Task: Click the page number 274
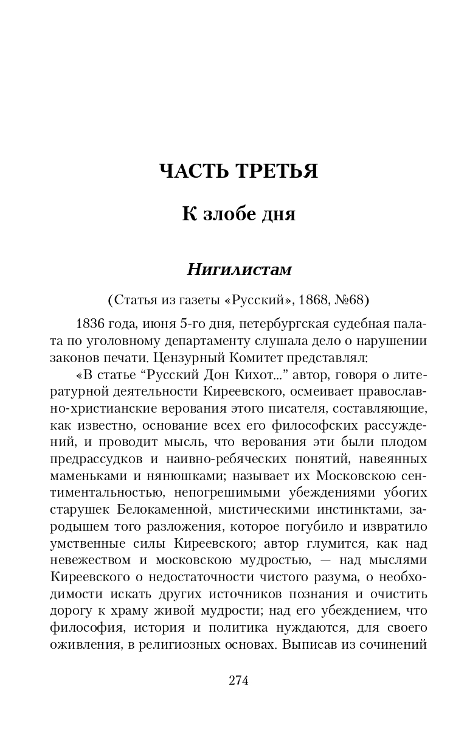pos(238,681)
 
